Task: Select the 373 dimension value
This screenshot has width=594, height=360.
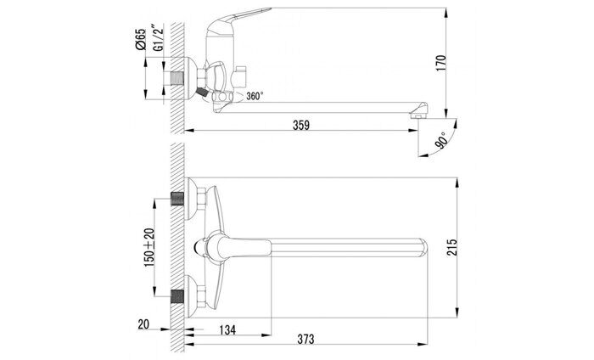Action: click(x=306, y=339)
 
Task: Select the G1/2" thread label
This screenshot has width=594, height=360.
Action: click(x=160, y=38)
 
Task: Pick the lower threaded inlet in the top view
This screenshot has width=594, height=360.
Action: click(x=178, y=297)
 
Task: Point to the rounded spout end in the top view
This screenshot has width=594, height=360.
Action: click(x=429, y=248)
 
